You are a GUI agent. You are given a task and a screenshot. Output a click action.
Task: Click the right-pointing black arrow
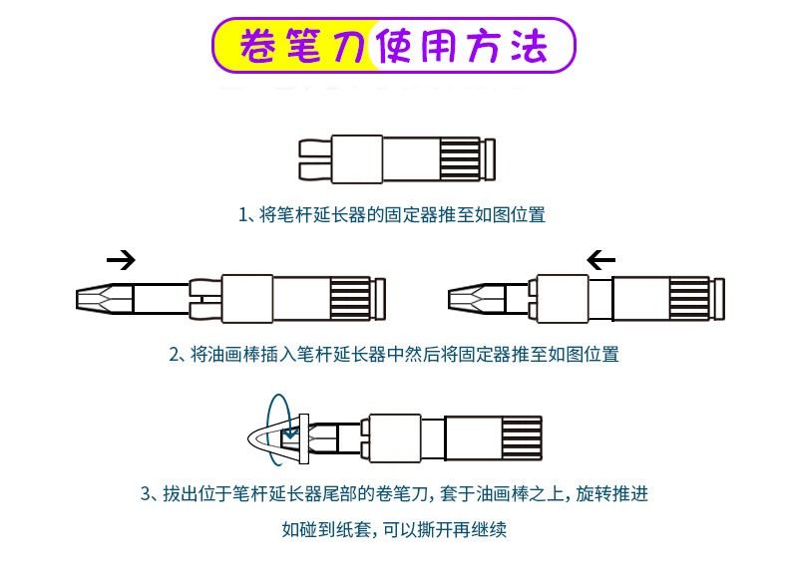click(x=121, y=261)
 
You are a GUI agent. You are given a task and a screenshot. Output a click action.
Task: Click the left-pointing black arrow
click(x=601, y=261)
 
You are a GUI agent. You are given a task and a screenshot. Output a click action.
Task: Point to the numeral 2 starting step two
click(x=174, y=354)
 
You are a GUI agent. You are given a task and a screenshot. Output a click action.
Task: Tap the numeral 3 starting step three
click(x=146, y=493)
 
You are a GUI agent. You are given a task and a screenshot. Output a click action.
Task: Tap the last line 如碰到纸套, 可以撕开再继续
click(x=394, y=530)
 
